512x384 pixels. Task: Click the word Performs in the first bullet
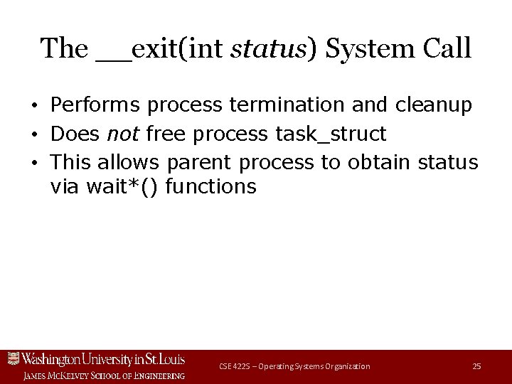pyautogui.click(x=95, y=105)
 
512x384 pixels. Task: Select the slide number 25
pyautogui.click(x=476, y=366)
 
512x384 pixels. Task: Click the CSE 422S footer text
pyautogui.click(x=294, y=366)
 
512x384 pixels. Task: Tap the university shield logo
pyautogui.click(x=14, y=358)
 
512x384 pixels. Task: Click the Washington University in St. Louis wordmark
pyautogui.click(x=104, y=358)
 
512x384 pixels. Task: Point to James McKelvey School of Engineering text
pyautogui.click(x=104, y=375)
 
